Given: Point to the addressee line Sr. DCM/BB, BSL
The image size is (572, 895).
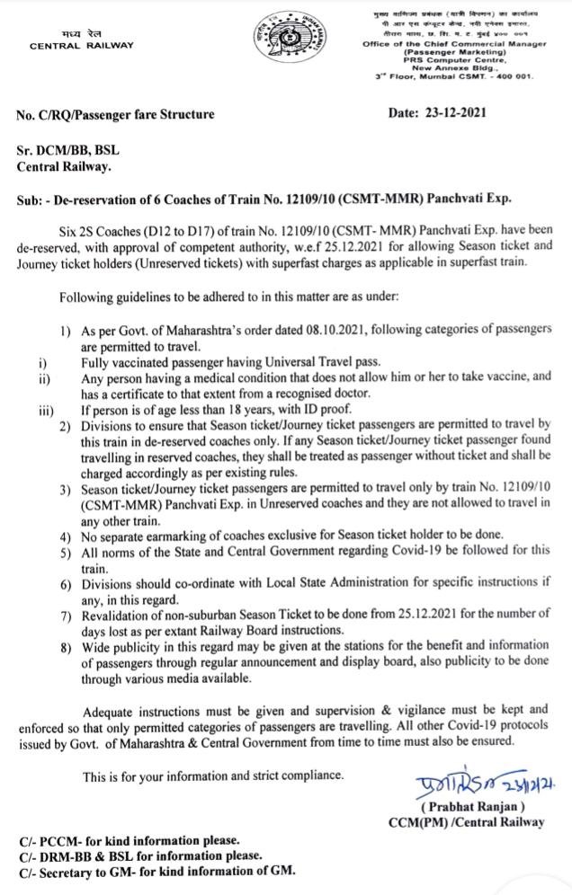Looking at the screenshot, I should point(69,151).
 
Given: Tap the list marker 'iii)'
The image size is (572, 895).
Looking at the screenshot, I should point(45,412).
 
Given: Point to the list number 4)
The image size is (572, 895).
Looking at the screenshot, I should point(67,536).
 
